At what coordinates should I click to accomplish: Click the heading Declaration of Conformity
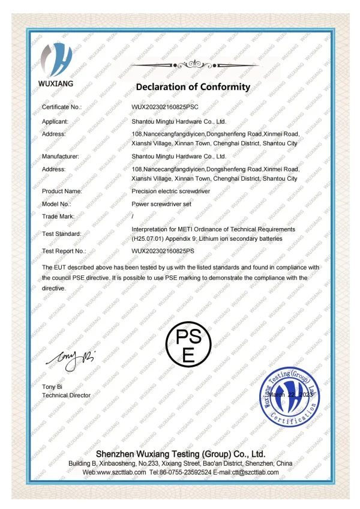tap(193, 87)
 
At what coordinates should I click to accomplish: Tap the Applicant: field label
tap(55, 121)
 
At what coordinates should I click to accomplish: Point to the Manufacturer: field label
tap(60, 156)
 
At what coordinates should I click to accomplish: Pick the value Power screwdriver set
tap(161, 203)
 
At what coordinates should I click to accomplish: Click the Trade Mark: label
tap(58, 215)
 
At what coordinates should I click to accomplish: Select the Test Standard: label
tap(61, 233)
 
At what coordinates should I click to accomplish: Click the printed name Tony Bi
tap(53, 386)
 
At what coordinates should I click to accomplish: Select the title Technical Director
tap(66, 395)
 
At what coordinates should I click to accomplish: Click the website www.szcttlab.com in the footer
tap(121, 472)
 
